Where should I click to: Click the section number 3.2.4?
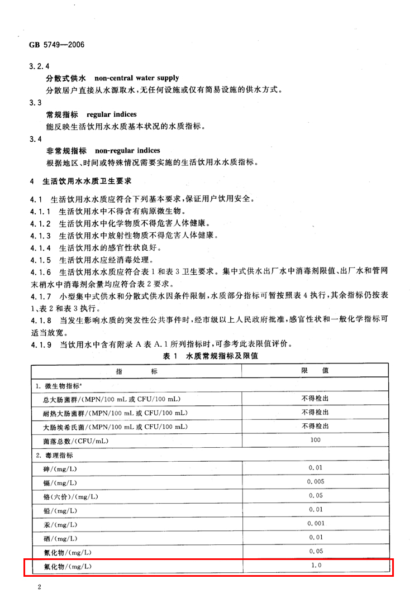(x=39, y=66)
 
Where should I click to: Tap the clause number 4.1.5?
(x=39, y=260)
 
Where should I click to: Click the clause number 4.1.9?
(x=39, y=344)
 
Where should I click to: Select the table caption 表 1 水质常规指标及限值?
(x=210, y=356)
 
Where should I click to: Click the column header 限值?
(x=316, y=371)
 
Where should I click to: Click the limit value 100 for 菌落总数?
(x=316, y=441)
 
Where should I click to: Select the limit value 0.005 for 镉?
(x=316, y=481)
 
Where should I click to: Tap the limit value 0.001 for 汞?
(x=316, y=523)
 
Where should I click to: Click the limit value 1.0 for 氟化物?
(x=316, y=566)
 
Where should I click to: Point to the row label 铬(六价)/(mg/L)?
(x=67, y=496)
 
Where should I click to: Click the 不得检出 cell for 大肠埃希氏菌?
(x=316, y=426)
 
